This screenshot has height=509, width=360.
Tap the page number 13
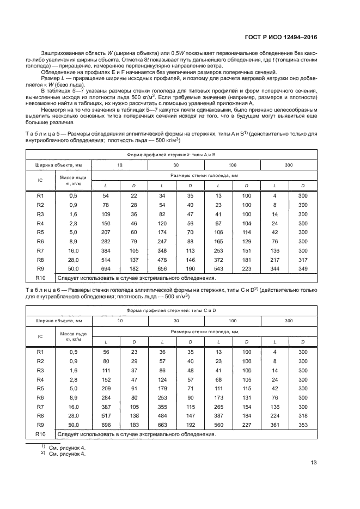(314, 463)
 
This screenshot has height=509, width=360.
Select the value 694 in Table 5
(106, 269)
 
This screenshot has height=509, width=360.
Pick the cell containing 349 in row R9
(303, 269)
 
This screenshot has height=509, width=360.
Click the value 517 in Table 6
(106, 415)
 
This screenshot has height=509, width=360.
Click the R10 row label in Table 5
(40, 278)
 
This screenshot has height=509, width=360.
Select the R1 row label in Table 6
(40, 352)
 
